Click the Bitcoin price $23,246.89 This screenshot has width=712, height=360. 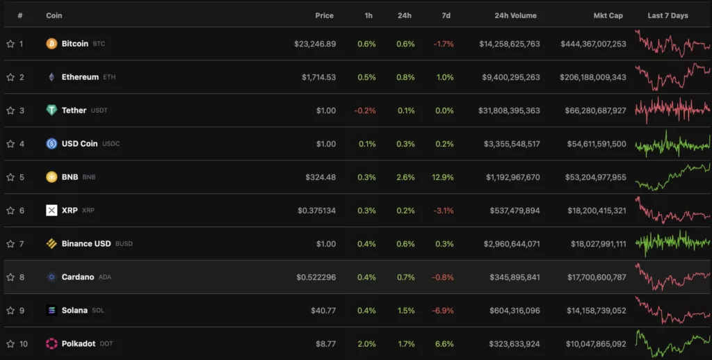pyautogui.click(x=314, y=44)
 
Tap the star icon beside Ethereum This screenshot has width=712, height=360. pyautogui.click(x=10, y=77)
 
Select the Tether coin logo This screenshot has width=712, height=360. pyautogui.click(x=51, y=111)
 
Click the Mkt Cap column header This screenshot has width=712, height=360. pyautogui.click(x=608, y=15)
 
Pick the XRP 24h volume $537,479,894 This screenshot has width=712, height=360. pyautogui.click(x=511, y=211)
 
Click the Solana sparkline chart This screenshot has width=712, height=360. pyautogui.click(x=672, y=310)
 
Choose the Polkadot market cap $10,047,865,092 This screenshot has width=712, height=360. pyautogui.click(x=593, y=344)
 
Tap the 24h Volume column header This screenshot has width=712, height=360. pyautogui.click(x=515, y=15)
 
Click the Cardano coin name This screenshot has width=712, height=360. pyautogui.click(x=78, y=277)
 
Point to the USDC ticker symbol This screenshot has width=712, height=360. pyautogui.click(x=111, y=144)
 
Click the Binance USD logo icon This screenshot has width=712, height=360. pyautogui.click(x=51, y=244)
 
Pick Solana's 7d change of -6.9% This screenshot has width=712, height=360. pyautogui.click(x=443, y=311)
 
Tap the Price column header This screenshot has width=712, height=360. pyautogui.click(x=324, y=15)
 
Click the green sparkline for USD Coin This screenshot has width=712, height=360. pyautogui.click(x=672, y=144)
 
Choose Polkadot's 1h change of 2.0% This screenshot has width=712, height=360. pyautogui.click(x=366, y=344)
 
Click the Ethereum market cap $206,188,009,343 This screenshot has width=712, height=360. pyautogui.click(x=593, y=77)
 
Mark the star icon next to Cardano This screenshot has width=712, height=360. pyautogui.click(x=10, y=277)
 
